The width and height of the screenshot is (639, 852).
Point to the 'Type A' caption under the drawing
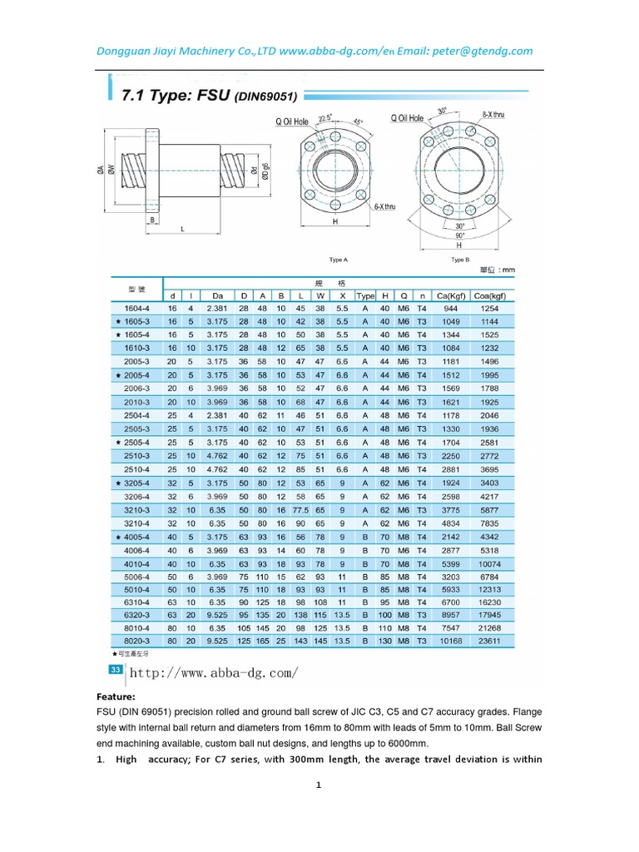[x=338, y=260]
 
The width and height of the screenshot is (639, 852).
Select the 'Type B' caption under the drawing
[x=458, y=260]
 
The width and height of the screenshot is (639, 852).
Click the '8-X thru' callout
[x=493, y=114]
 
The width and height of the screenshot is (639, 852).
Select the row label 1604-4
[x=137, y=308]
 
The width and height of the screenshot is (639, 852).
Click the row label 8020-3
[x=137, y=641]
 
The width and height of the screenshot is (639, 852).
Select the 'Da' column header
[x=218, y=295]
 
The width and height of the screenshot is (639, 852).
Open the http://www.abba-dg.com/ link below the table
[x=214, y=672]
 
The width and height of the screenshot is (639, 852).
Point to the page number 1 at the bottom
[x=318, y=785]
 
